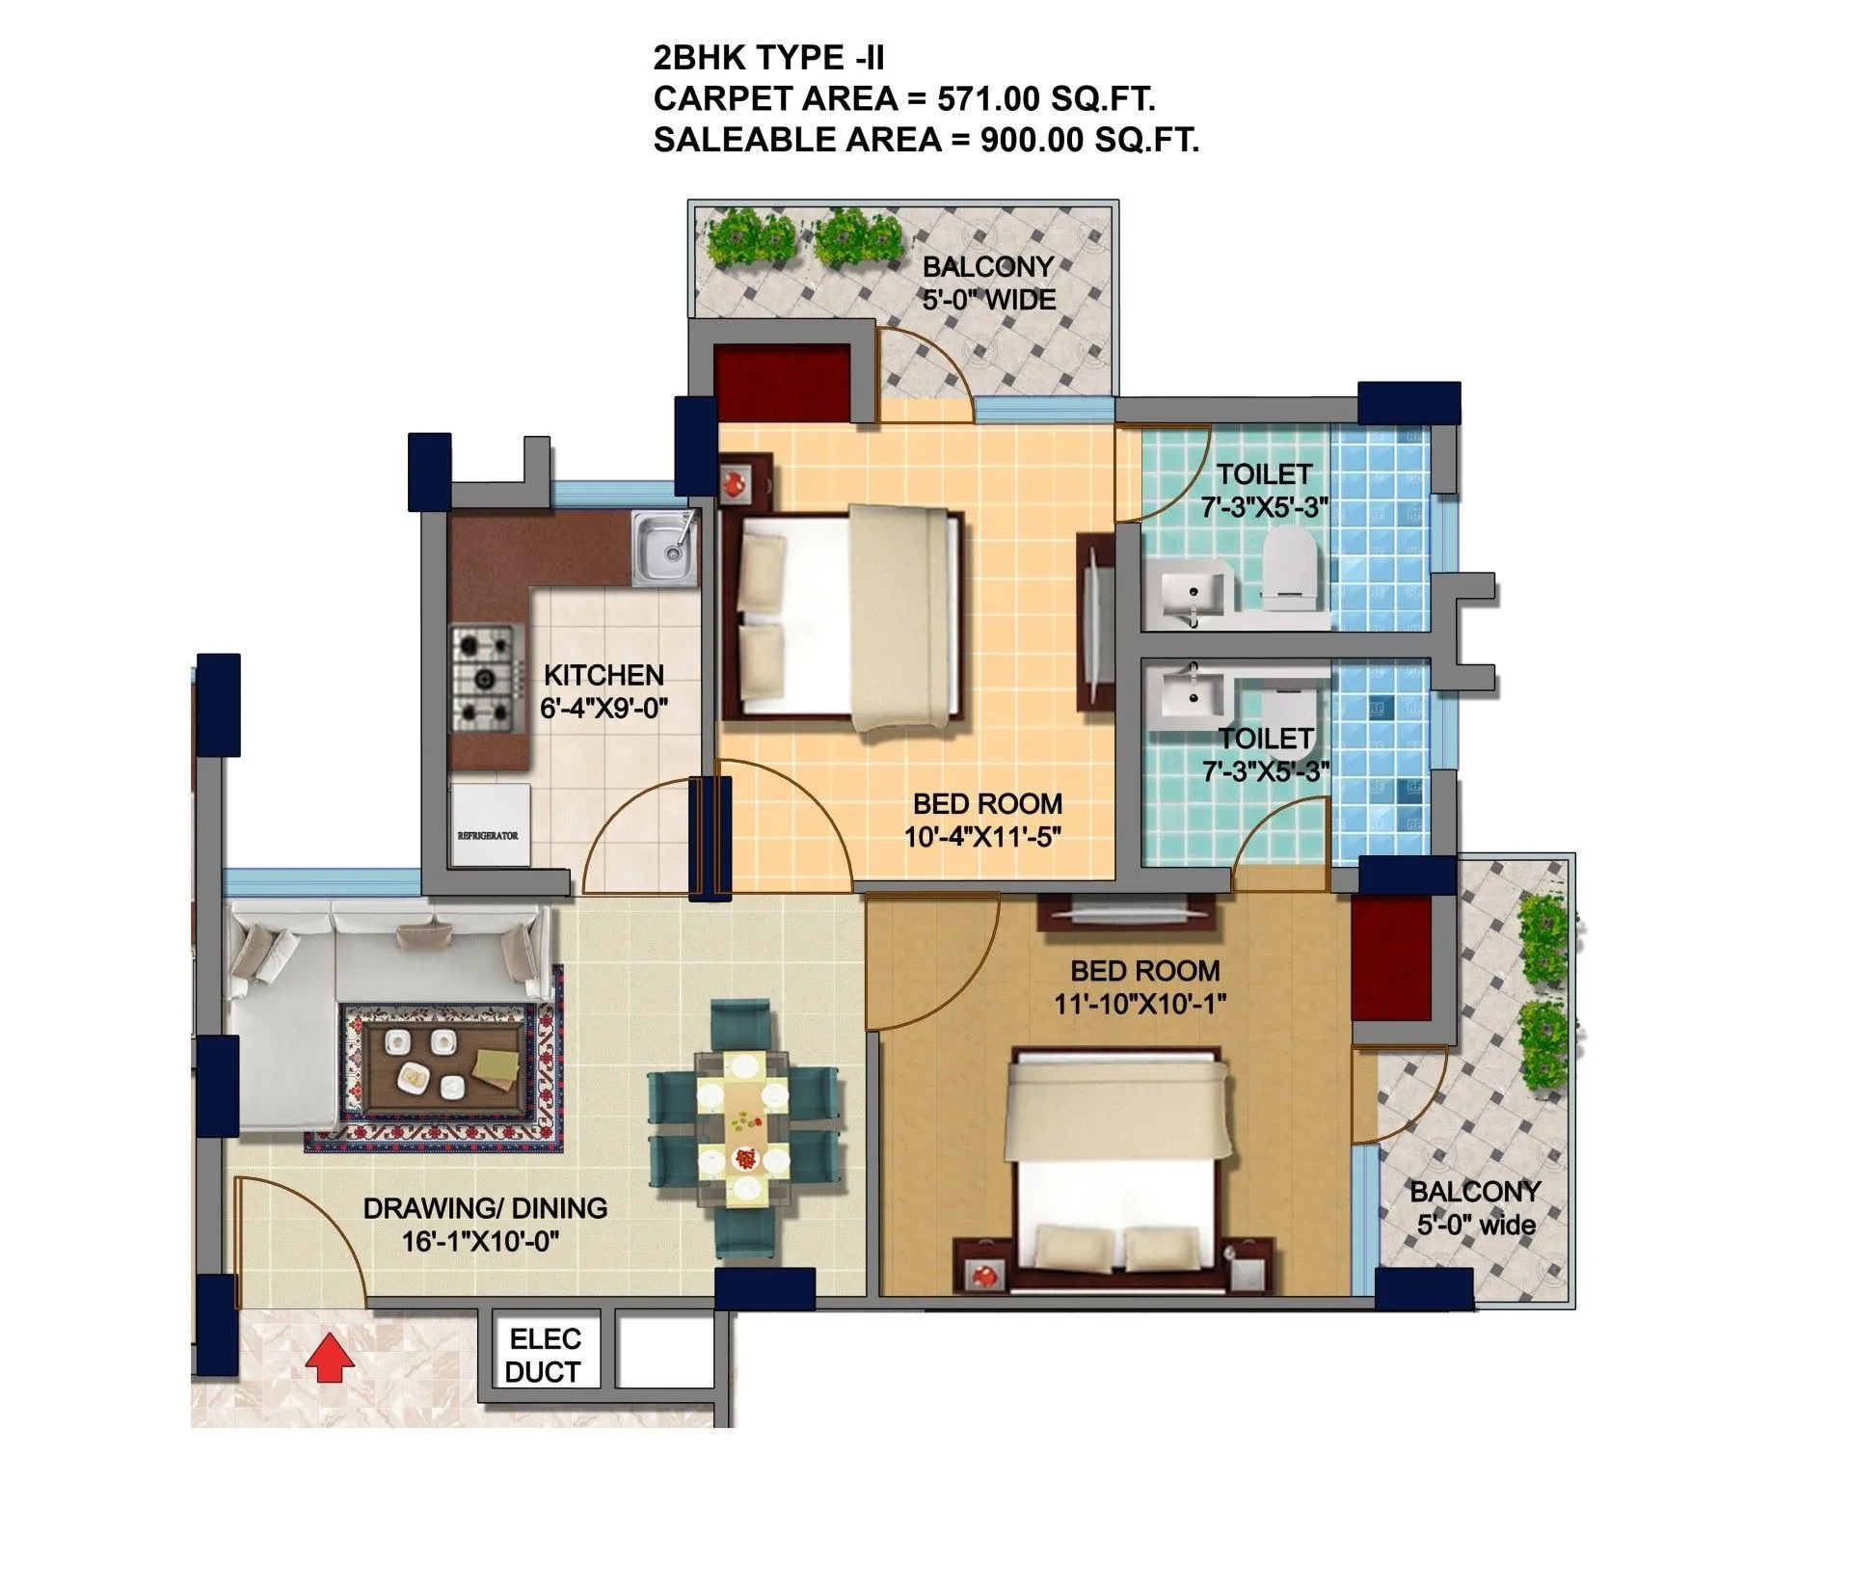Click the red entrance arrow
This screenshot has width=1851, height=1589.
click(330, 1358)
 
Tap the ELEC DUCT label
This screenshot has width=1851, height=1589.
click(545, 1355)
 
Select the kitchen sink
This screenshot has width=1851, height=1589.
click(663, 549)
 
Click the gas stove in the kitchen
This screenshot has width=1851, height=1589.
click(483, 675)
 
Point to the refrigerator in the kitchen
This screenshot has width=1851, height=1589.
click(491, 824)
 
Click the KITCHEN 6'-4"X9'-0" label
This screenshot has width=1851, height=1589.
click(604, 691)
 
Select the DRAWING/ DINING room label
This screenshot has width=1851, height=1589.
click(485, 1224)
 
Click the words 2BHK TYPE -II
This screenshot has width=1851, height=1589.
click(768, 58)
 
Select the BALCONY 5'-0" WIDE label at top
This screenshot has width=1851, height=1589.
click(988, 283)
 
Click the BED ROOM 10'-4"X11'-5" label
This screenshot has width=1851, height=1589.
click(986, 820)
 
